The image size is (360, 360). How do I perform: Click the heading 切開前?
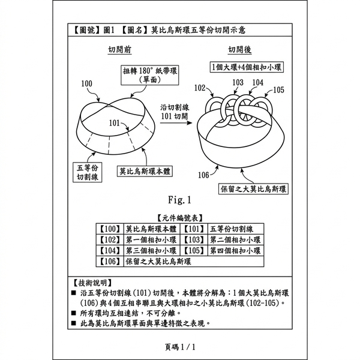point(119,49)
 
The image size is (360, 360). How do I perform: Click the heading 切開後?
point(239,49)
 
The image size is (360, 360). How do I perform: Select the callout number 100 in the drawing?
point(86,83)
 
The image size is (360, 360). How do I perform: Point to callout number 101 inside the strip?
point(115,123)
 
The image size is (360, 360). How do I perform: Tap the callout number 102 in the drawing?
point(200,88)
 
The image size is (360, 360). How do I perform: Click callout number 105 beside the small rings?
point(278,90)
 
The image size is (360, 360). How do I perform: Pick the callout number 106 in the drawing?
point(203,175)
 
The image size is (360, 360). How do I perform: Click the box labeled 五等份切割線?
point(87,172)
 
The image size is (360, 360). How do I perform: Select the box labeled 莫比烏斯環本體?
point(145,171)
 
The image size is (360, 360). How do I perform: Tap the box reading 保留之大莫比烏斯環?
point(253,189)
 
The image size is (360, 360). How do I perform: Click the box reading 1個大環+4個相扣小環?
point(247,67)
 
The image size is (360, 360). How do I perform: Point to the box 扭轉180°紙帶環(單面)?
point(150,75)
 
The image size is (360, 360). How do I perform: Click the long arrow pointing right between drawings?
point(176,123)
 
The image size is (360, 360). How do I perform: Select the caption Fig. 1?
point(179,200)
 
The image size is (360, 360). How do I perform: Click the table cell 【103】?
point(194,239)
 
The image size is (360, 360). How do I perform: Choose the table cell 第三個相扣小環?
point(152,250)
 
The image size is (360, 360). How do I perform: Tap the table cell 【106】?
point(110,261)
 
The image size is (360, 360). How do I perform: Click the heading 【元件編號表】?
point(179,218)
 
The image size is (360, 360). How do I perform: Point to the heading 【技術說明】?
point(92,283)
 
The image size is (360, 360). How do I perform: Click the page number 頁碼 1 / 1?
point(180,347)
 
